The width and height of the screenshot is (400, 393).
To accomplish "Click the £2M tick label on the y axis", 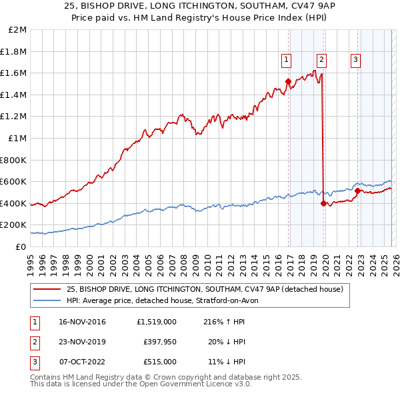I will (x=18, y=30).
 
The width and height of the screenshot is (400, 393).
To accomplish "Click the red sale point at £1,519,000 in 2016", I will (x=288, y=82).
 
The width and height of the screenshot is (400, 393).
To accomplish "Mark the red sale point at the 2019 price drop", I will (x=323, y=204).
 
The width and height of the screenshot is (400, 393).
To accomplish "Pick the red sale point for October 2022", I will (x=357, y=191).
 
